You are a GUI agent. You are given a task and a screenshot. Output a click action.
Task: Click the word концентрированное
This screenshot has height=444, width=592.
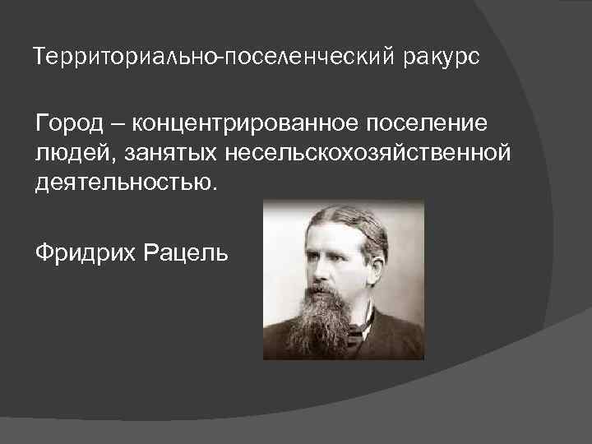234,124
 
